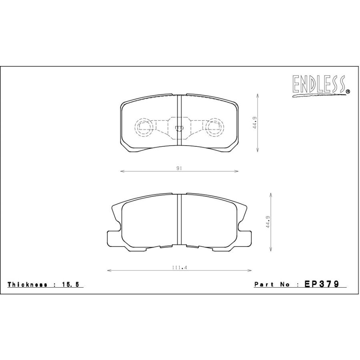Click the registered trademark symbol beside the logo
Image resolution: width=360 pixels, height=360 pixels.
[348, 91]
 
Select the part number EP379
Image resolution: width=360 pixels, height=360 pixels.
[322, 284]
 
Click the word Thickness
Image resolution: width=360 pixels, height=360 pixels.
[28, 284]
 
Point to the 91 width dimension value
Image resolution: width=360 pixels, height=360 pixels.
[179, 168]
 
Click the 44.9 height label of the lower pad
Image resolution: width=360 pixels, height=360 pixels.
[268, 222]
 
